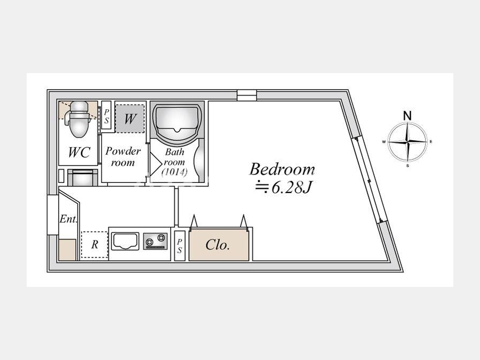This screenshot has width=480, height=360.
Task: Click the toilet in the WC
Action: click(79, 119)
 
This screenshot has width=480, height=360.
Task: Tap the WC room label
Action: click(79, 152)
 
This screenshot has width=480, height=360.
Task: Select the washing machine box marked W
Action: click(130, 119)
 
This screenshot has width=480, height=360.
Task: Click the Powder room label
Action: click(123, 156)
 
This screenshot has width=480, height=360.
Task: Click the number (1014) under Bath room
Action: click(174, 172)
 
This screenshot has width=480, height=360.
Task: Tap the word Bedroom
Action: click(282, 169)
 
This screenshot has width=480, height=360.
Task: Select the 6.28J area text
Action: click(284, 188)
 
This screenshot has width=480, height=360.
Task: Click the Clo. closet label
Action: click(218, 245)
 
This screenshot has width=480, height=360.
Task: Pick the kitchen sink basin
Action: click(125, 241)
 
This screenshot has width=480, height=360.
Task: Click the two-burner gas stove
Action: click(156, 241)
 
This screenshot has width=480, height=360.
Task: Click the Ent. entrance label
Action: click(68, 219)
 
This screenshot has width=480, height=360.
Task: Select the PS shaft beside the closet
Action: click(179, 246)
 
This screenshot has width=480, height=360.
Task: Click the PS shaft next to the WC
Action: click(106, 117)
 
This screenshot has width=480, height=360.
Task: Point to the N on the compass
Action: click(407, 116)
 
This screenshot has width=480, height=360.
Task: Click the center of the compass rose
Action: click(407, 142)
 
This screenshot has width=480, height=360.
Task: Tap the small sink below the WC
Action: click(82, 178)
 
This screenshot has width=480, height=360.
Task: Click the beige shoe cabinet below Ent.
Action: click(67, 250)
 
